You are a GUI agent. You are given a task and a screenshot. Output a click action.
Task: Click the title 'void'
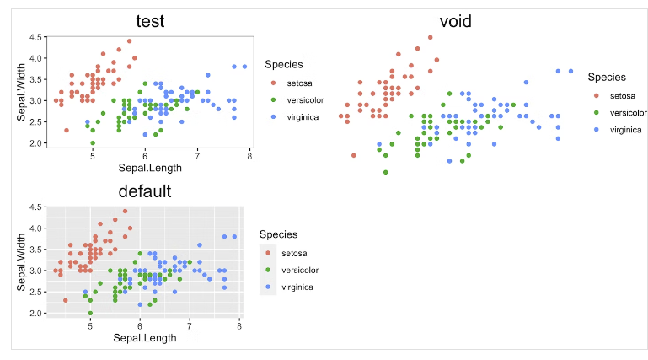point(456,21)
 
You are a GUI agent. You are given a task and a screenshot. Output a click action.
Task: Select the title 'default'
point(144,191)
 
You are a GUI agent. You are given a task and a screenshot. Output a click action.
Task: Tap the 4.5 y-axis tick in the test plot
point(35,37)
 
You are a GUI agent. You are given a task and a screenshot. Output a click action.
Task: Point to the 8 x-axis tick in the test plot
point(249,155)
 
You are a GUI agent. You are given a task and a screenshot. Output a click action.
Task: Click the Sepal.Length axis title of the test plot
point(149,167)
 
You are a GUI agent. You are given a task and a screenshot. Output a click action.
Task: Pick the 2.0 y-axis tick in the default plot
point(35,313)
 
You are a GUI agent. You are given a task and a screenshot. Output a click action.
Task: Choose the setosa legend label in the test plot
point(298,83)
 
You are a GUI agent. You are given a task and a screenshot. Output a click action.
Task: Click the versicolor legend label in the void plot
point(628,112)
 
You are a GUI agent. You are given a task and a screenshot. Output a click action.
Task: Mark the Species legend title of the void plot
point(607,77)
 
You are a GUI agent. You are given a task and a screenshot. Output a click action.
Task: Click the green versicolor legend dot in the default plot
point(269,270)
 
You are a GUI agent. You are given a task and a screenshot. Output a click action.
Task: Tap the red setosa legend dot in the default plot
point(269,253)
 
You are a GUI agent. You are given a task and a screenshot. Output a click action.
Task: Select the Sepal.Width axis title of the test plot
point(20,91)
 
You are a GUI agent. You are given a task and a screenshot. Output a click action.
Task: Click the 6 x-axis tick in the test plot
point(145,155)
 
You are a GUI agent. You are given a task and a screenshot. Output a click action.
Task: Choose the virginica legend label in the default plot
point(297,287)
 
